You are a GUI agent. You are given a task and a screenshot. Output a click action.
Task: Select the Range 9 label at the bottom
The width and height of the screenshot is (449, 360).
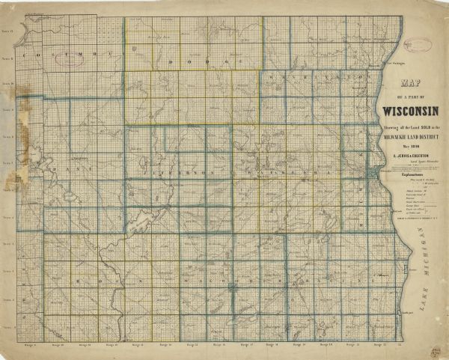[x=31, y=346]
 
